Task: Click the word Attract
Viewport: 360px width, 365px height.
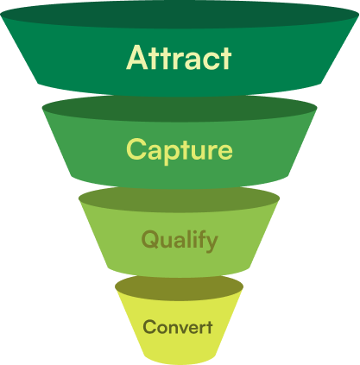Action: [180, 58]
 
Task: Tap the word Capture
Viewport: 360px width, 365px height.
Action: [180, 150]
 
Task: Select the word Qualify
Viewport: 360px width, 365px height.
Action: [180, 240]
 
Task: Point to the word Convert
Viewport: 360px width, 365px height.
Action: [178, 327]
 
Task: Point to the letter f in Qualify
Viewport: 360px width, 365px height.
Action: [201, 239]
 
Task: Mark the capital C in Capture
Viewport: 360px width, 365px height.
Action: [136, 150]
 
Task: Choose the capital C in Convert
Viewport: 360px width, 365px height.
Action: [149, 327]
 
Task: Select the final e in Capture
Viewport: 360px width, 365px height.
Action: [224, 152]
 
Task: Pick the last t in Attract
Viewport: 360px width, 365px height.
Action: [225, 59]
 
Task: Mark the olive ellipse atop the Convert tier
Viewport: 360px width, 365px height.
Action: [179, 285]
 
